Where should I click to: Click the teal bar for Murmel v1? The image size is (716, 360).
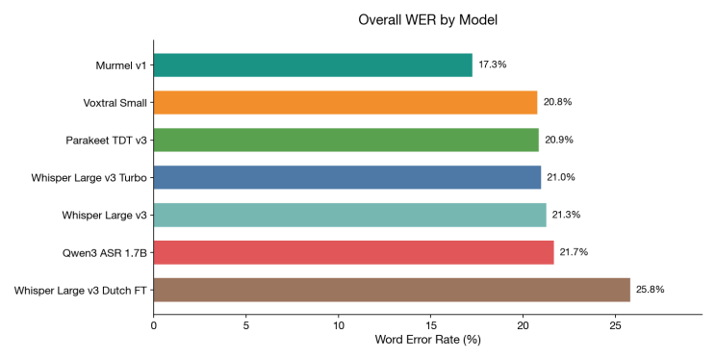tap(313, 64)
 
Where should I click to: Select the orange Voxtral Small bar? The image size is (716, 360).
tap(345, 102)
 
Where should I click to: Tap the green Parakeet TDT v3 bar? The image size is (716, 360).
tap(346, 140)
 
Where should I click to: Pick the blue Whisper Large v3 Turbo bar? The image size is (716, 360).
tap(347, 177)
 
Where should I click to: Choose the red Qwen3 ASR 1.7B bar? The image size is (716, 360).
tap(353, 252)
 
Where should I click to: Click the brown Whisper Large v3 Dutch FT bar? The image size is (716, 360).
tap(392, 290)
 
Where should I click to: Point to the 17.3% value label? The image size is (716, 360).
tap(492, 64)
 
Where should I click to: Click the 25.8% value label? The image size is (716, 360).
tap(650, 290)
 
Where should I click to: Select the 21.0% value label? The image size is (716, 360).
tap(560, 177)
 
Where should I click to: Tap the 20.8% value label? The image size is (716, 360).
tap(558, 102)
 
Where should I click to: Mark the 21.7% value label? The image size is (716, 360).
tap(574, 252)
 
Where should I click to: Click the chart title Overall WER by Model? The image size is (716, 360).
tap(427, 19)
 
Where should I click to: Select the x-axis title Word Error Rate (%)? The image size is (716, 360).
tap(427, 339)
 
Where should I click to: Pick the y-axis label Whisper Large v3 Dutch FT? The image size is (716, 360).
tap(81, 290)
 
